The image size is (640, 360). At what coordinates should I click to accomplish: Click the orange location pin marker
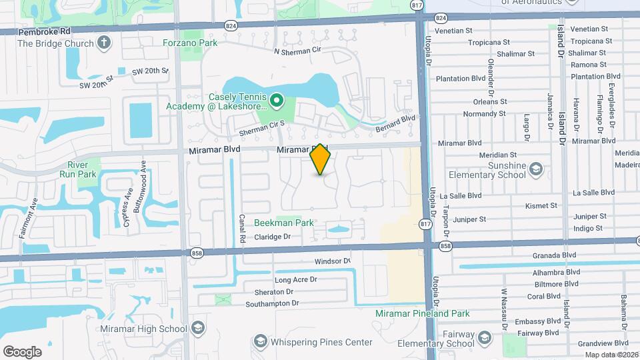point(321,159)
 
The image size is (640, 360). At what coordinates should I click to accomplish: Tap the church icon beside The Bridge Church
point(103,43)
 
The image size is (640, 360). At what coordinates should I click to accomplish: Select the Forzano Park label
point(190,43)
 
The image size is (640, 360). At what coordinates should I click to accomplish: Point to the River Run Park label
point(82,169)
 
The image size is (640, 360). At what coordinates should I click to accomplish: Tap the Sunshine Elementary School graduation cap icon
point(535,170)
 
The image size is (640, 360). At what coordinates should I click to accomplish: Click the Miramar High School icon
point(197,328)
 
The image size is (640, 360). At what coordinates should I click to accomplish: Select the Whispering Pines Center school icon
point(259,343)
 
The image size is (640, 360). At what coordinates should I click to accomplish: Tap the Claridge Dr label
point(272,237)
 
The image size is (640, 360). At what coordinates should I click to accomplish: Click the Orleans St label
point(490,102)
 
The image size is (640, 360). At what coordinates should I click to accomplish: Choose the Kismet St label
point(541,206)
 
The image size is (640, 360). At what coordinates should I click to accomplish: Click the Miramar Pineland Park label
point(431,313)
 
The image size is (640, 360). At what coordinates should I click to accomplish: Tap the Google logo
point(22,351)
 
